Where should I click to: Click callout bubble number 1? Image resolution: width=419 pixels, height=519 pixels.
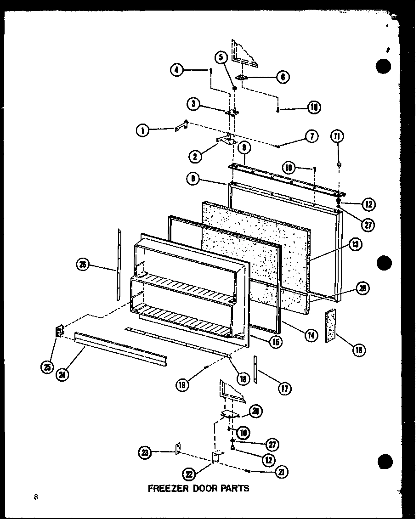coord(142,130)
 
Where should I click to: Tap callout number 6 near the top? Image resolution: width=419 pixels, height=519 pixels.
coord(283,77)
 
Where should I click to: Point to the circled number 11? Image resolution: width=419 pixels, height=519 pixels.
coord(339,136)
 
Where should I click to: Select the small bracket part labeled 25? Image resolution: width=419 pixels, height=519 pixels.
coord(59,331)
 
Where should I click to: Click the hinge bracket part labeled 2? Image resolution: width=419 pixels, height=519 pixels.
coord(226,141)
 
